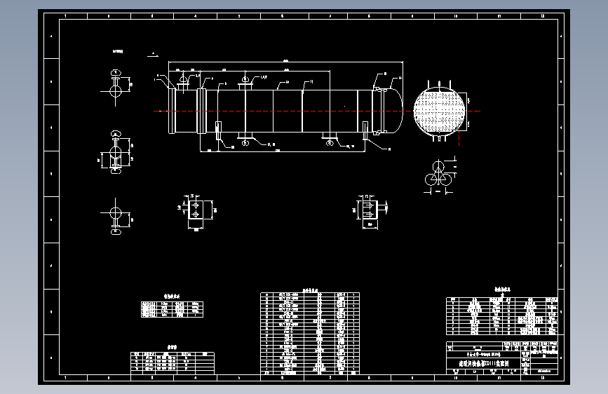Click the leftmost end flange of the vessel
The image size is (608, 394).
pos(171,111)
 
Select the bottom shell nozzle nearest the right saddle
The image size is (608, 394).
pos(330,138)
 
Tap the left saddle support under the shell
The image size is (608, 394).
pos(218,134)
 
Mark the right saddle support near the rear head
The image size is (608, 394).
pos(365,134)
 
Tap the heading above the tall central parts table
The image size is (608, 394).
pos(309,289)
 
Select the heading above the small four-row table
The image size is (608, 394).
pos(172,296)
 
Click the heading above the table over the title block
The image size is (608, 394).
pos(502,289)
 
